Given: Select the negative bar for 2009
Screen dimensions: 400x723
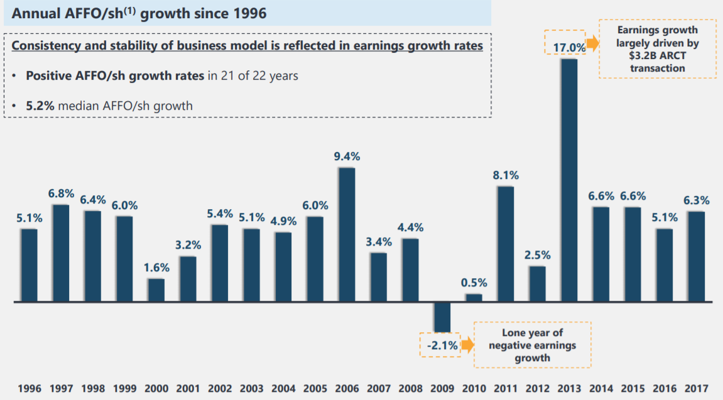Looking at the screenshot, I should click(x=442, y=316).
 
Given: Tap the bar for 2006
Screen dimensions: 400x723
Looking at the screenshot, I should click(x=347, y=234).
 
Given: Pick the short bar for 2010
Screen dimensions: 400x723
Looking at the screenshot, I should click(x=474, y=298).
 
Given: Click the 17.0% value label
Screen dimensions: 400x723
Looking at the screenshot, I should click(x=569, y=46).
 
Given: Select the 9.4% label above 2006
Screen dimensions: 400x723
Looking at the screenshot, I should click(x=347, y=157).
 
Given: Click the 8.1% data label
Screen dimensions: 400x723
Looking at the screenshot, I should click(x=506, y=176).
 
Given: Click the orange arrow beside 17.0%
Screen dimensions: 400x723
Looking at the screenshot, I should click(x=592, y=46).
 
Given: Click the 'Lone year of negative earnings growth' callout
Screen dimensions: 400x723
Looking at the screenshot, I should click(x=532, y=345).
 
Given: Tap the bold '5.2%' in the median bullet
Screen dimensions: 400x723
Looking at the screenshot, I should click(x=40, y=105).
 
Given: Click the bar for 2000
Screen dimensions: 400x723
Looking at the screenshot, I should click(x=156, y=290).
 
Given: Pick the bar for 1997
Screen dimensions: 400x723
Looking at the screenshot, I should click(x=61, y=253).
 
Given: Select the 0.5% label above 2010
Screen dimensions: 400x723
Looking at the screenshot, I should click(x=474, y=283).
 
